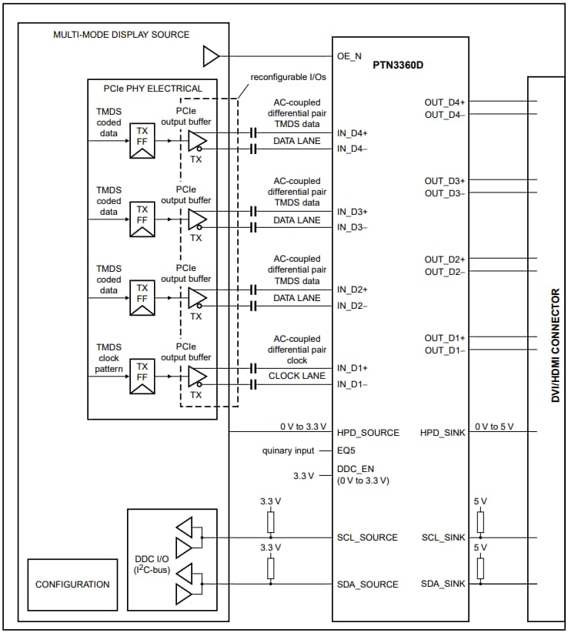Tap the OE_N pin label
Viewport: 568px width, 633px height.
(349, 55)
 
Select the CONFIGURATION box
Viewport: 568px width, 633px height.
(72, 584)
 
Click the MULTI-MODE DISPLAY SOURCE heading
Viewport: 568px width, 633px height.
(122, 35)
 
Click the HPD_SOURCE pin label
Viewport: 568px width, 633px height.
(368, 433)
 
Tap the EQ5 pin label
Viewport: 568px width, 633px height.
(346, 450)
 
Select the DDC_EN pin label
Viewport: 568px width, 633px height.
(356, 469)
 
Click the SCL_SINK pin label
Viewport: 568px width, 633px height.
(443, 538)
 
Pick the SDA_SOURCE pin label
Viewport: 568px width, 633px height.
(368, 584)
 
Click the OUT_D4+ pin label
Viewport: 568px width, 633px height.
(445, 102)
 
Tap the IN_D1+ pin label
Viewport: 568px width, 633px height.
(352, 368)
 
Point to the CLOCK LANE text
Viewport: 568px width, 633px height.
(296, 376)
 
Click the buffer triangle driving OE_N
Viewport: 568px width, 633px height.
(210, 55)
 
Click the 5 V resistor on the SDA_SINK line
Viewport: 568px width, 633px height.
(480, 568)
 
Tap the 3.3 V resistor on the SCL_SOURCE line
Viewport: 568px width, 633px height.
(270, 521)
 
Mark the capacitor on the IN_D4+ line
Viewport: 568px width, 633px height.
(252, 133)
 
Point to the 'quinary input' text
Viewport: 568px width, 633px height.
(289, 450)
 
